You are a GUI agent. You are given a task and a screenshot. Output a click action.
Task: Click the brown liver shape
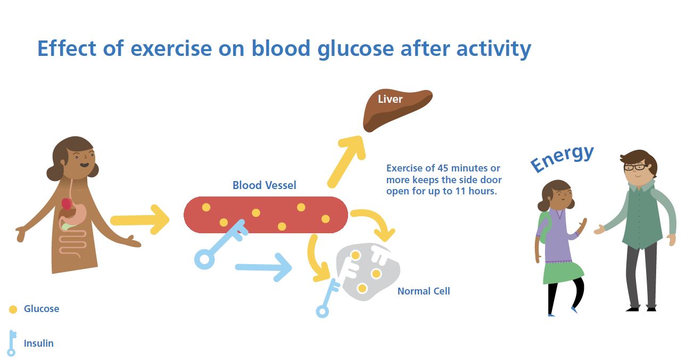396,109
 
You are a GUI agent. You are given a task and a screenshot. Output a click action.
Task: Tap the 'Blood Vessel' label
264,185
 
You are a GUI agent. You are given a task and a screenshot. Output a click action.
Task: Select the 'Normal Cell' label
423,291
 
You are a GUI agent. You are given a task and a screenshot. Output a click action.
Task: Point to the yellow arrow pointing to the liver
345,160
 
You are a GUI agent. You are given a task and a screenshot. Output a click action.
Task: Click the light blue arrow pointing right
263,267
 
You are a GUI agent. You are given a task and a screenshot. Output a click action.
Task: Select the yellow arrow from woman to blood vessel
139,219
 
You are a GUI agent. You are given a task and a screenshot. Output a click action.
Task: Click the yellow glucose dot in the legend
13,309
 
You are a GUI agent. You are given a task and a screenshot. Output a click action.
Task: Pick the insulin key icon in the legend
12,343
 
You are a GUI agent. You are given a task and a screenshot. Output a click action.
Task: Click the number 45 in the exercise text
436,168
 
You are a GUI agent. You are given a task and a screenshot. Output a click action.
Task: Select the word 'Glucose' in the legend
42,309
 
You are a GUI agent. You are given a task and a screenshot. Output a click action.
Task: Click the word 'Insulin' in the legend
39,343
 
